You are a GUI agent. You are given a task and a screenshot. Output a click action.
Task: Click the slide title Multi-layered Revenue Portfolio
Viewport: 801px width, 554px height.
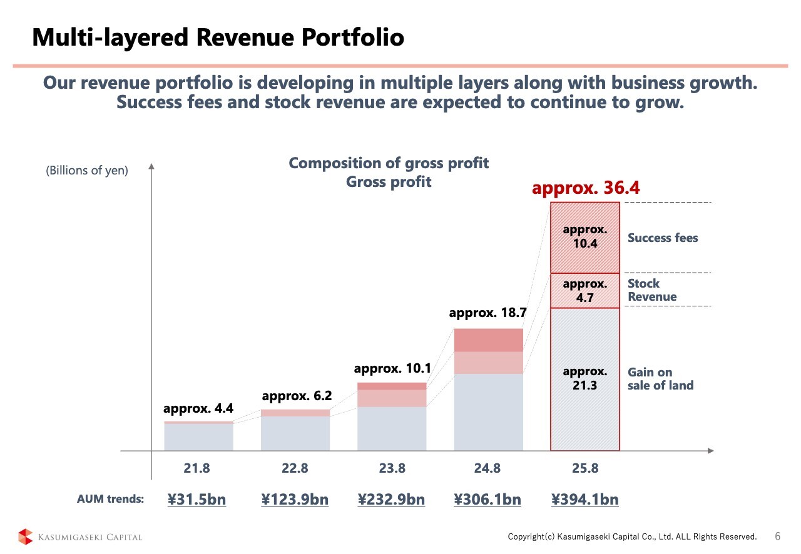coord(218,38)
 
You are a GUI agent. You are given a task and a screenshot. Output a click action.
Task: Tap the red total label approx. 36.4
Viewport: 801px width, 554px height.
coord(586,188)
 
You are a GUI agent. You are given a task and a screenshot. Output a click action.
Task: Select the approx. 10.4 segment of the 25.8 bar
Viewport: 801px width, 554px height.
coord(585,237)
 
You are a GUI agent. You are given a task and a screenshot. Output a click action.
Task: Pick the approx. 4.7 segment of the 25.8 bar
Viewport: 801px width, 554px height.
coord(585,291)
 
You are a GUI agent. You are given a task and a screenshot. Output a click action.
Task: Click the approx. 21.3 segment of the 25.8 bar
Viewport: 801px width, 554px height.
coord(585,378)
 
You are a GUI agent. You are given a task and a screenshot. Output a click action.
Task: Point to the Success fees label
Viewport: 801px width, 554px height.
coord(663,238)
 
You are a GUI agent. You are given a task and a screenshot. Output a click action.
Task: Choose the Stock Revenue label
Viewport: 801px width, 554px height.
coord(652,290)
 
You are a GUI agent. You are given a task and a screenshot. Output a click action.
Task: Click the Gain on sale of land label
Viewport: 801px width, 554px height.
coord(660,379)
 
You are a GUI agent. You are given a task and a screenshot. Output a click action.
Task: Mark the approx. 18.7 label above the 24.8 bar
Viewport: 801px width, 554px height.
coord(488,313)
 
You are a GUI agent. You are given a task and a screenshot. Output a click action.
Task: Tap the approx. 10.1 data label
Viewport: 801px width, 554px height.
coord(392,368)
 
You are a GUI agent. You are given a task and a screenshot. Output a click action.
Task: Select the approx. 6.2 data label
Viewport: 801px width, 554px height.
coord(296,396)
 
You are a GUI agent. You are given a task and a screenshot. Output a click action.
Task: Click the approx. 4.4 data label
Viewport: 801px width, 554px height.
coord(198,409)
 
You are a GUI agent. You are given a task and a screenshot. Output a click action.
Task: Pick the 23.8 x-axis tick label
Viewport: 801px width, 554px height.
coord(392,468)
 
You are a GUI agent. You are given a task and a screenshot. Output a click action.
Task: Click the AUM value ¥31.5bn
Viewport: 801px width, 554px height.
coord(197,499)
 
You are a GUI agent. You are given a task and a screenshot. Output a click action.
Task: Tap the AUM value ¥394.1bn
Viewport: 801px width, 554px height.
coord(585,499)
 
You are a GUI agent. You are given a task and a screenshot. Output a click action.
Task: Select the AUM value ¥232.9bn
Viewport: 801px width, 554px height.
coord(392,499)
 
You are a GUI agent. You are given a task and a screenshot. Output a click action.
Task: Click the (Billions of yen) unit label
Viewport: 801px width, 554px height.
coord(86,170)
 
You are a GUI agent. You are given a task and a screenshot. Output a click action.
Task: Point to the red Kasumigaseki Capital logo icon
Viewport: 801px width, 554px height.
coord(25,536)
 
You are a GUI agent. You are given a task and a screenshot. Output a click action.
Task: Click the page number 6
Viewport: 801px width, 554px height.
coord(778,536)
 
